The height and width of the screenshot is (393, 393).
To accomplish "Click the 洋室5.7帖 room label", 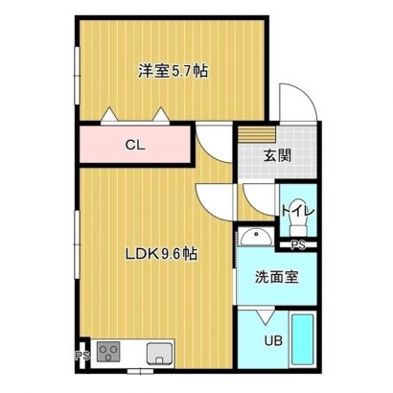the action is (173, 71).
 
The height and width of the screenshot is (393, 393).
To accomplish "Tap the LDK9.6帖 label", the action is (160, 254).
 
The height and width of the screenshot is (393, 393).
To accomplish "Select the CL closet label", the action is (135, 146).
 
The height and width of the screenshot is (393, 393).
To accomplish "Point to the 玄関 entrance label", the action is (277, 156).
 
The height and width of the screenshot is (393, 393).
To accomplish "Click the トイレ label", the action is (298, 211).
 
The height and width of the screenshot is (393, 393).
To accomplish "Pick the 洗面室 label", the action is (277, 277).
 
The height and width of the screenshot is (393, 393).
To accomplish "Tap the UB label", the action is (273, 340).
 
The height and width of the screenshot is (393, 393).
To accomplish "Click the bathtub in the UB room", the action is (302, 339).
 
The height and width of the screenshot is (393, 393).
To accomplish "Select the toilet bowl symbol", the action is (298, 224).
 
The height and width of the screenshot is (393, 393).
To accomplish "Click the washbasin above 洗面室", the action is (256, 238).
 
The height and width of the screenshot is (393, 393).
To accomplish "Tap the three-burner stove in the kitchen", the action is (108, 352).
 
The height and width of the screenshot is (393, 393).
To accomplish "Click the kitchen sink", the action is (159, 354).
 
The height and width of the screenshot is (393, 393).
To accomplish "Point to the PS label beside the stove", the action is (82, 356).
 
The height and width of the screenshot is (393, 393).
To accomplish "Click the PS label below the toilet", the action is (298, 245).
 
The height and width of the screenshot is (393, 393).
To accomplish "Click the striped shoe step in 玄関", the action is (257, 134).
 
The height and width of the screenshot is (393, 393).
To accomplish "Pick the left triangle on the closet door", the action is (109, 114).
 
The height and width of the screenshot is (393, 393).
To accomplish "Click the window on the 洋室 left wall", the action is (77, 76).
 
